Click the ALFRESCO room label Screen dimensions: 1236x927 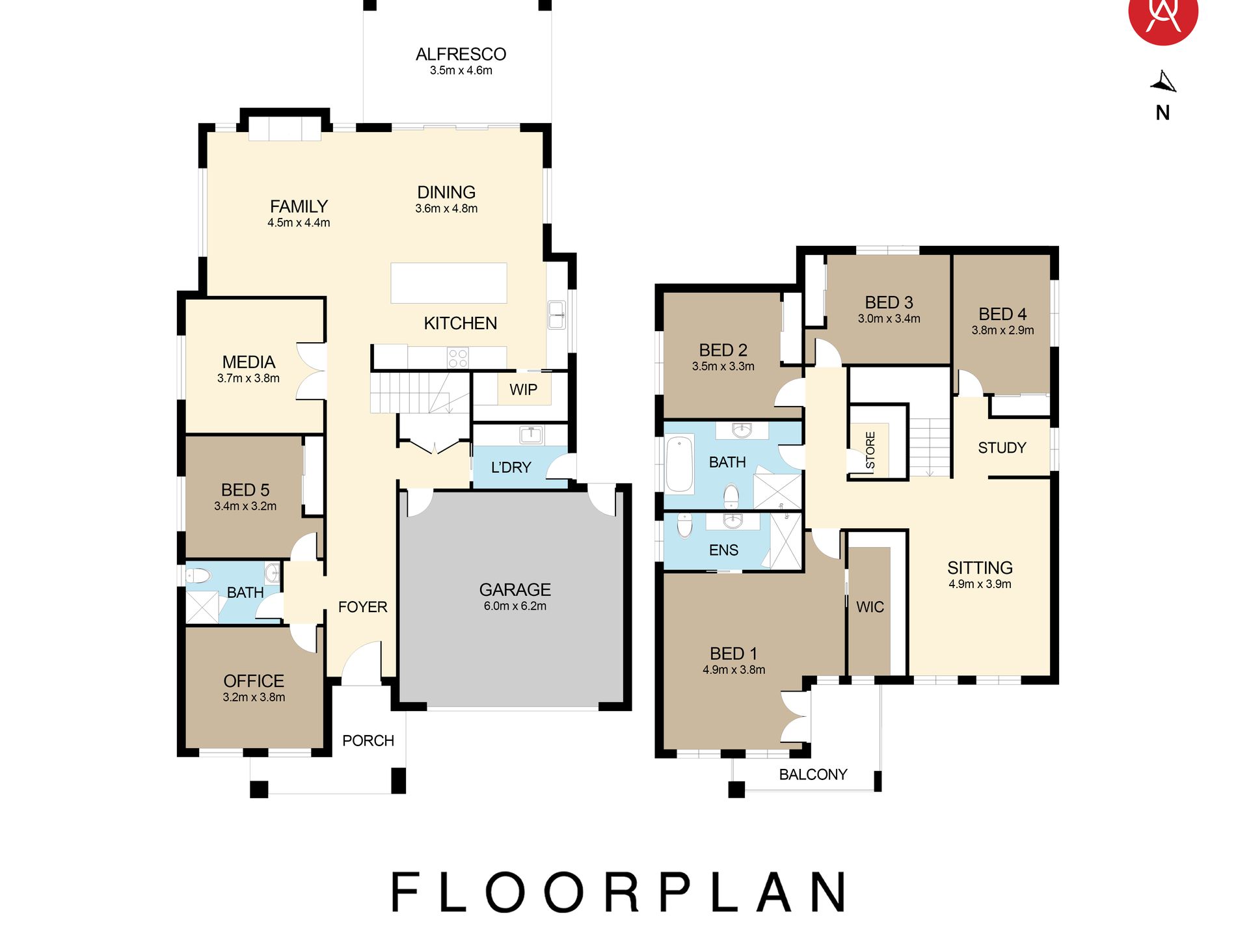(461, 54)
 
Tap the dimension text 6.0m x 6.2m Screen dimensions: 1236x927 (515, 606)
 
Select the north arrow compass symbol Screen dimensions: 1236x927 (1164, 82)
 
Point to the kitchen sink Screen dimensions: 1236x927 (557, 315)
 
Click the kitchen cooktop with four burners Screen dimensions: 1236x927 (457, 358)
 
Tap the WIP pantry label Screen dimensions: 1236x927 (523, 390)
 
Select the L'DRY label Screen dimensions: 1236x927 (511, 467)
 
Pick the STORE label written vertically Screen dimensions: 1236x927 (870, 450)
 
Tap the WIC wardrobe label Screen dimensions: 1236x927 (870, 607)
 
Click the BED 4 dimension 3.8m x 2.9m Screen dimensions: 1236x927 (1002, 330)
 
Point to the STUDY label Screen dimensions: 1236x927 (1002, 448)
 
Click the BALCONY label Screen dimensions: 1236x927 (813, 774)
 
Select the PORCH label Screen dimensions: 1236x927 (368, 740)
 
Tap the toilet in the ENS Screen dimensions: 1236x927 (684, 526)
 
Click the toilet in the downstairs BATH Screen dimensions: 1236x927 (198, 576)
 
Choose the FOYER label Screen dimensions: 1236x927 (362, 607)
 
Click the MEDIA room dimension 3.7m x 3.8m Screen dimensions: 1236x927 (249, 379)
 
